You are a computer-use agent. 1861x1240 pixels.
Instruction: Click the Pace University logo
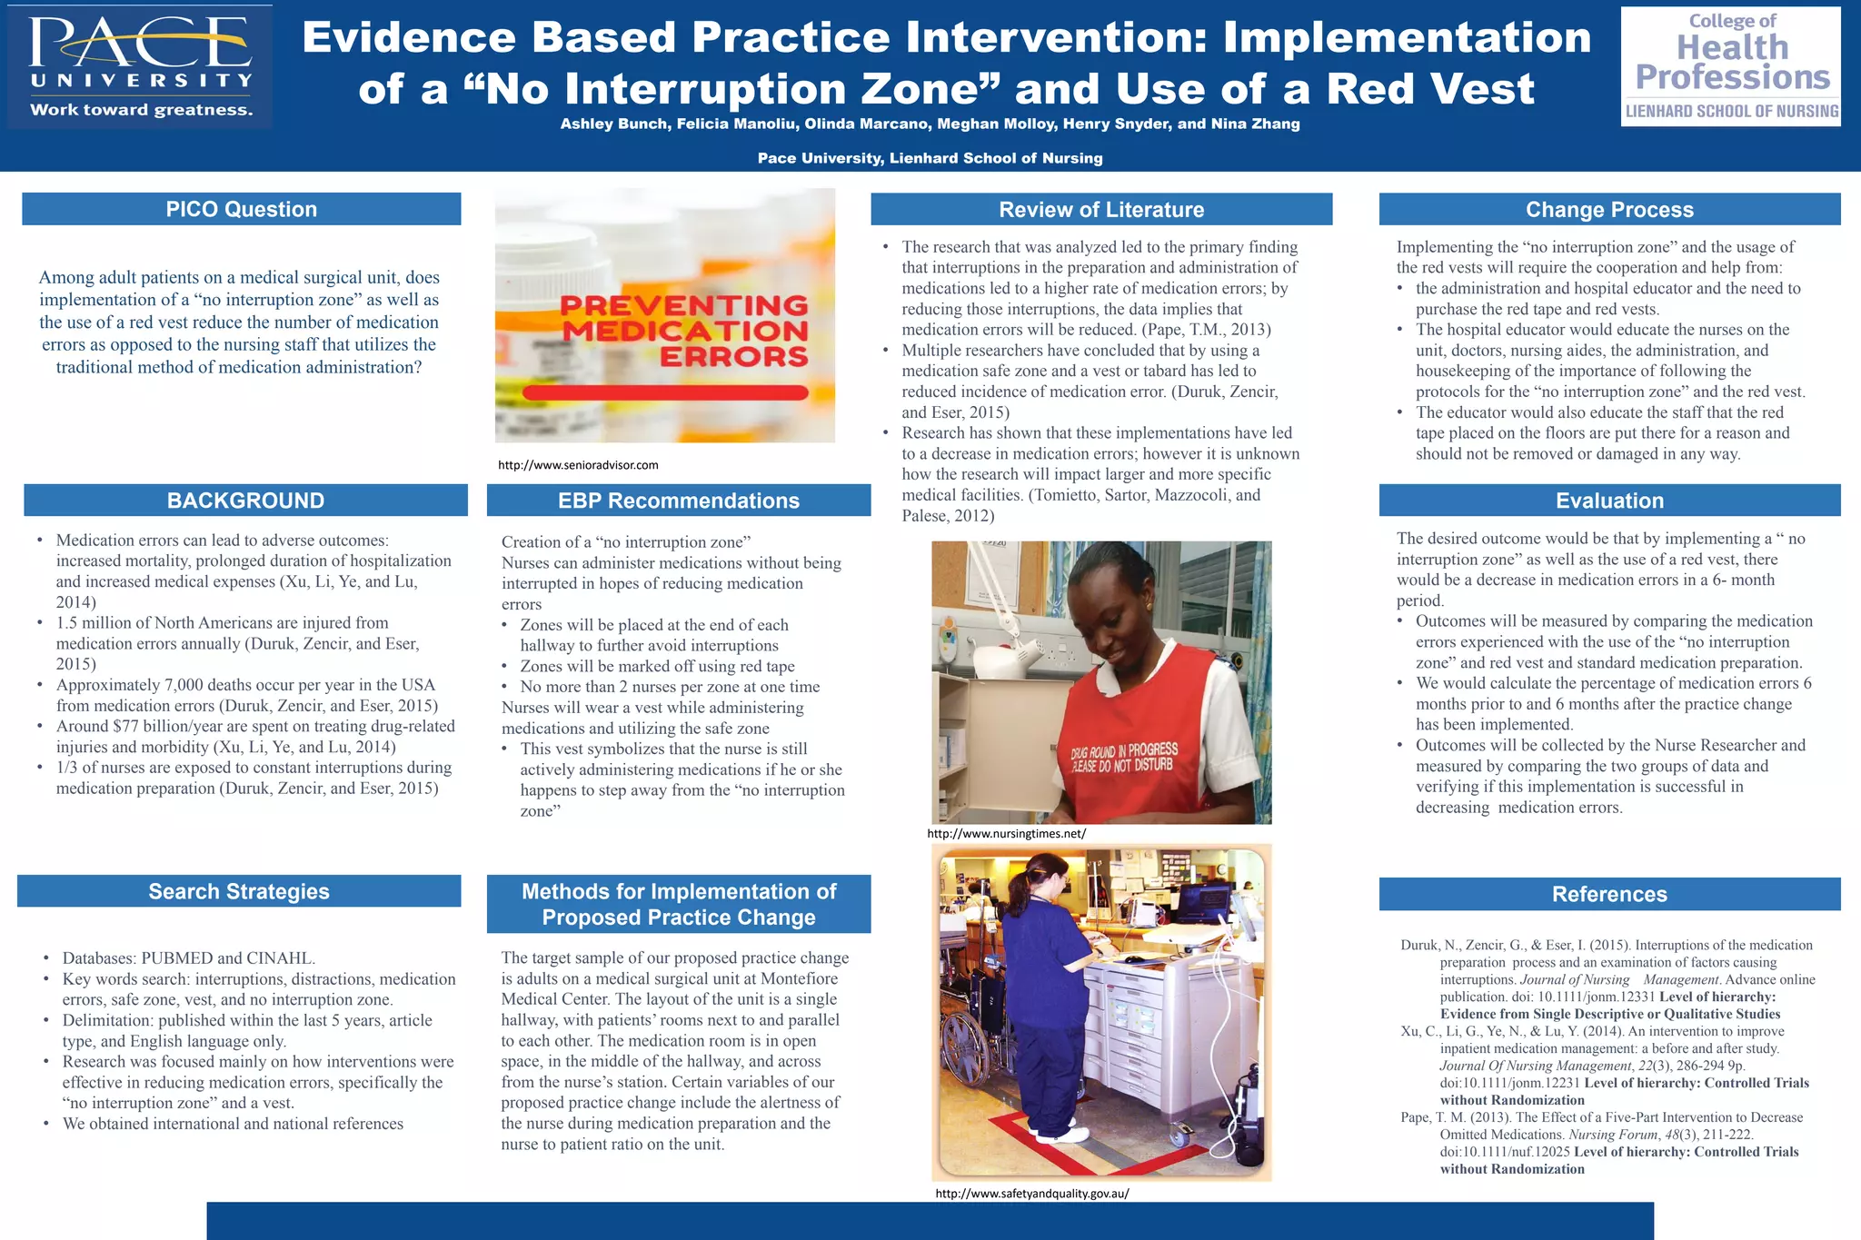[140, 67]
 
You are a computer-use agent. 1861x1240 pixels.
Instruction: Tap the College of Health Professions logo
[1731, 67]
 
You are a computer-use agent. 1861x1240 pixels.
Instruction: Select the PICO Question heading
[242, 209]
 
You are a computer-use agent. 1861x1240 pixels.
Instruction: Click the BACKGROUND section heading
[245, 501]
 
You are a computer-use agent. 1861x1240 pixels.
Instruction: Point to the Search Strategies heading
[239, 891]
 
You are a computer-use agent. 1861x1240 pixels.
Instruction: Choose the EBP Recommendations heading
[679, 501]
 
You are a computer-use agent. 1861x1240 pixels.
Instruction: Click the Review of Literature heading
[1101, 210]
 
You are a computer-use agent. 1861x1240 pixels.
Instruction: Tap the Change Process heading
[1609, 210]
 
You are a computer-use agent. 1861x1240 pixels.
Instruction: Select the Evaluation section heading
[1609, 501]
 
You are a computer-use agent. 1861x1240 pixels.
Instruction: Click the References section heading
[1609, 894]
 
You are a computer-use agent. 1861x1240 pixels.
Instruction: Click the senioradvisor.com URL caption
[578, 465]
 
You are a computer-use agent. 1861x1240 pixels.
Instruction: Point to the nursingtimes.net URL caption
[1006, 833]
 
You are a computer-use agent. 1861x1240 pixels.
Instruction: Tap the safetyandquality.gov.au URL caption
[1032, 1194]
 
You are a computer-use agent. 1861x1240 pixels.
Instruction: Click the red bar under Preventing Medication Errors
[665, 392]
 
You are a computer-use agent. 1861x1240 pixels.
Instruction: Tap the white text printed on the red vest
[1124, 757]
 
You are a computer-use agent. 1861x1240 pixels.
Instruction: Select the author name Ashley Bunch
[615, 124]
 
